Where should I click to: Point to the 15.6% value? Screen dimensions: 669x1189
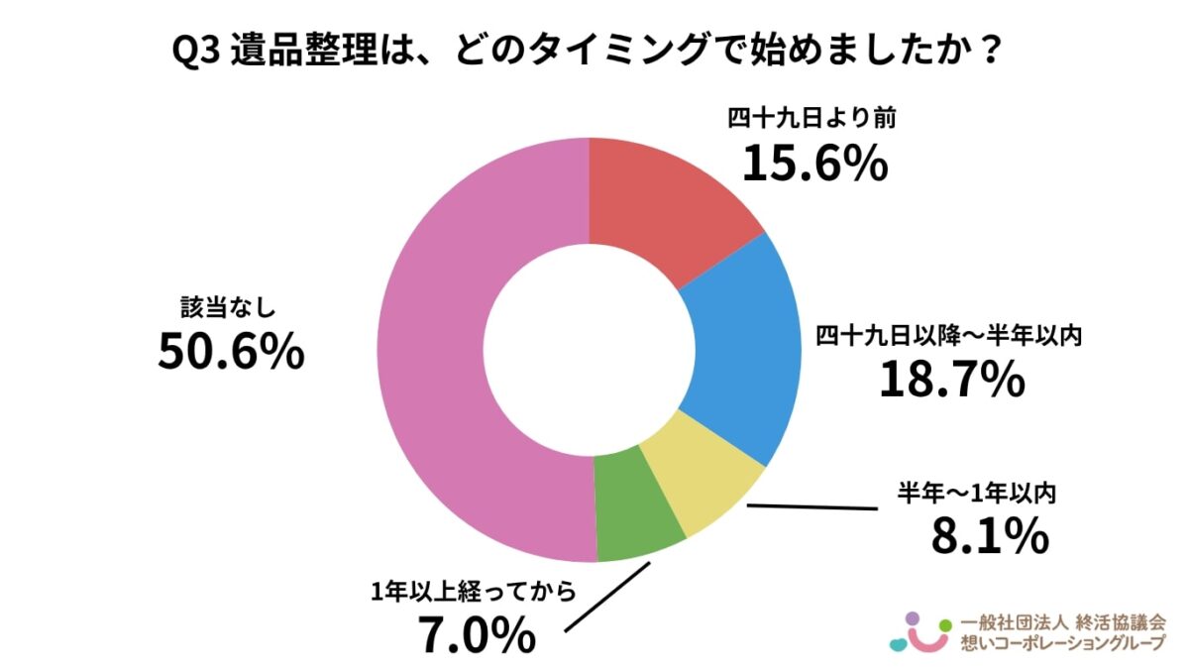(x=814, y=164)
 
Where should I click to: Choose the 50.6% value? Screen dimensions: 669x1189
(x=230, y=353)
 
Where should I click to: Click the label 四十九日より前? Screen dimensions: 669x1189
(x=811, y=118)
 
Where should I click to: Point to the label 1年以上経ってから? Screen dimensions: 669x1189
(x=473, y=592)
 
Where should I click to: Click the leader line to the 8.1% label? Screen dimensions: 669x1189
(x=812, y=509)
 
